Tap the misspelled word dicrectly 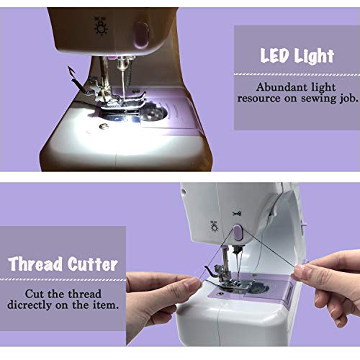point(45,305)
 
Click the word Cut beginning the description point(33,292)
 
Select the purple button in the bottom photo point(237,232)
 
